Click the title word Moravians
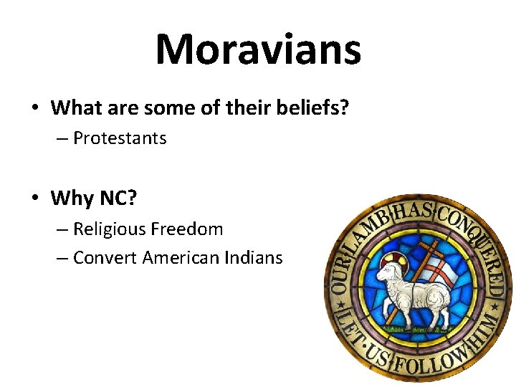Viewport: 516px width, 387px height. tap(258, 49)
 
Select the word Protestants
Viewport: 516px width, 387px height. tap(120, 138)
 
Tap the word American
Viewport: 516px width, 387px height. tap(181, 257)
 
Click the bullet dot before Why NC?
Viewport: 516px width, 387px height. tap(35, 198)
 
